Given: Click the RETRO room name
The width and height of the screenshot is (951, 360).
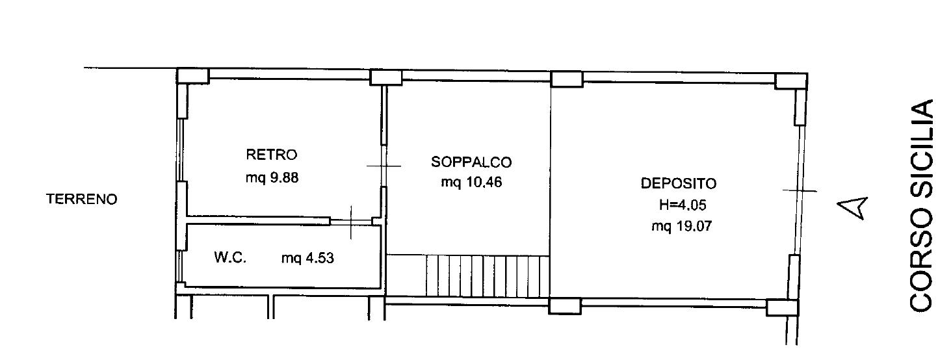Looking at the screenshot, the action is [x=271, y=155].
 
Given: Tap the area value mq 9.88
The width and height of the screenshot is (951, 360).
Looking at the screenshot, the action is [x=272, y=177].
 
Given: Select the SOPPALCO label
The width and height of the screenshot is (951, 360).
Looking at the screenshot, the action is [x=471, y=162].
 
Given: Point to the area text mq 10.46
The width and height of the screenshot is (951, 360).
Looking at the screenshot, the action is [x=471, y=182].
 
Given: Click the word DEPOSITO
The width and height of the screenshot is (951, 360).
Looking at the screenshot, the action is [x=679, y=183].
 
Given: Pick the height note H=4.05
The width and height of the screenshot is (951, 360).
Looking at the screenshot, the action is [x=683, y=205].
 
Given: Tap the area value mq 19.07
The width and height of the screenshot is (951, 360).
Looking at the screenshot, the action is [x=681, y=226].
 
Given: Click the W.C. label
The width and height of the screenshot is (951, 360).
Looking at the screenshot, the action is [x=230, y=257].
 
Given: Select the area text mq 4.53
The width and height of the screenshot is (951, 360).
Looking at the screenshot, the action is [x=307, y=258].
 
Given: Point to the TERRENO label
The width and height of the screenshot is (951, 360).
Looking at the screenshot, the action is [x=81, y=199].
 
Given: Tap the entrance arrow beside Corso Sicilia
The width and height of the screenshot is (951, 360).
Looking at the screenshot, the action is [x=852, y=209].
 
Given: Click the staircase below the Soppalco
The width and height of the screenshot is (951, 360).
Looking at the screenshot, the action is [x=488, y=276].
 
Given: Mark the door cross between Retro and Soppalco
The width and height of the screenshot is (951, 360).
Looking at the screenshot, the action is [x=384, y=166].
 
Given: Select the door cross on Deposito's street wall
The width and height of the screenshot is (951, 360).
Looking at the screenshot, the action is [x=800, y=191].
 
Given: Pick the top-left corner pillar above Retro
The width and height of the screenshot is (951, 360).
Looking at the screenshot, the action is [x=193, y=76].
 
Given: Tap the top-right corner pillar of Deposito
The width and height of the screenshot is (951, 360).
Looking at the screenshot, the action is [x=791, y=81].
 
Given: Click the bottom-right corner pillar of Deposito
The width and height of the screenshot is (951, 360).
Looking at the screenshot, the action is [x=782, y=307].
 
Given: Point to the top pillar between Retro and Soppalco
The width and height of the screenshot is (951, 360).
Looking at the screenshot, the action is [x=385, y=78].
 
